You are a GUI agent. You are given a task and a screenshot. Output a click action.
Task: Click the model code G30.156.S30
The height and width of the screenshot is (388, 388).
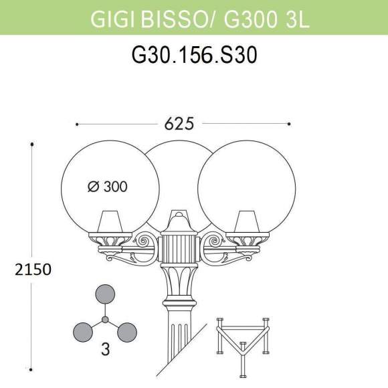pos(194,58)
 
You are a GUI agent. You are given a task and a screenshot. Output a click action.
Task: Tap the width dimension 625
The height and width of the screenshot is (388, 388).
pos(179,124)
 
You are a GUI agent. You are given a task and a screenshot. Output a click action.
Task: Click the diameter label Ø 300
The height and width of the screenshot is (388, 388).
pos(108,187)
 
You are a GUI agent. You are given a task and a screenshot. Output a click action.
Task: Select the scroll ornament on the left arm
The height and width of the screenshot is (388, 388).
pos(144,239)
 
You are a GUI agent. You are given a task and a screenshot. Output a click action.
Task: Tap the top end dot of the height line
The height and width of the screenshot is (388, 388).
pos(31,143)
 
